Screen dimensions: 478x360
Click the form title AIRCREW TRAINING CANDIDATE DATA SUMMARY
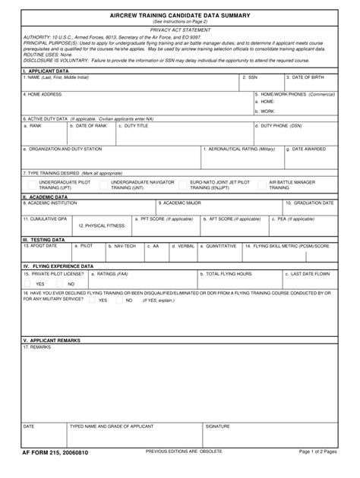pyautogui.click(x=179, y=15)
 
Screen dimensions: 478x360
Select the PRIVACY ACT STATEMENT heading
pyautogui.click(x=179, y=30)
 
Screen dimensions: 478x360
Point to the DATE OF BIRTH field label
pyautogui.click(x=310, y=77)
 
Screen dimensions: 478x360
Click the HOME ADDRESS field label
pyautogui.click(x=43, y=94)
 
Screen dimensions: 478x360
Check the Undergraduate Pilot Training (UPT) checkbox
pyautogui.click(x=31, y=185)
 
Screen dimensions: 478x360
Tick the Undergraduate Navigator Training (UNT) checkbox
pyautogui.click(x=103, y=185)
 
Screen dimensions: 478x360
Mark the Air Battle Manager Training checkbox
pyautogui.click(x=261, y=185)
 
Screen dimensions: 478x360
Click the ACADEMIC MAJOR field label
pyautogui.click(x=180, y=203)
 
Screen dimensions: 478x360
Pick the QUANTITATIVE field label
pyautogui.click(x=219, y=247)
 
